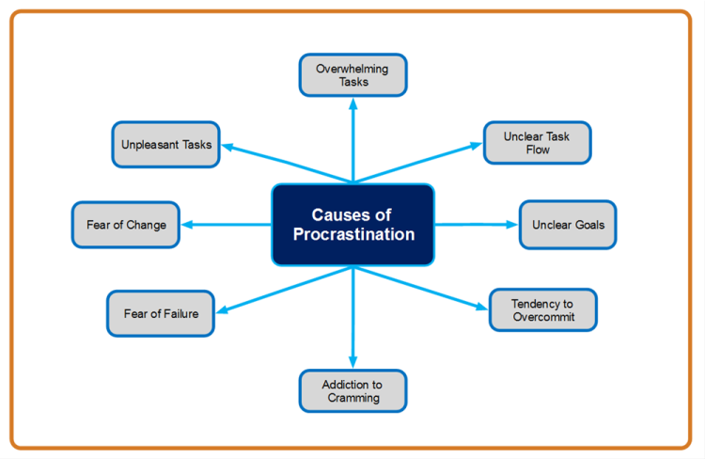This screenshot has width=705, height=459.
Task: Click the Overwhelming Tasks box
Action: pos(352,75)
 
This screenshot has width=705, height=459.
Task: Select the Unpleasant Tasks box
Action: pos(165,145)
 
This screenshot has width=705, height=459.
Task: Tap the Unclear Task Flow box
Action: pos(538,143)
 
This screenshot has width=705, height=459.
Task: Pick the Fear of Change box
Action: pos(126,225)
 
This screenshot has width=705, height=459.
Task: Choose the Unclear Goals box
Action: pos(568,225)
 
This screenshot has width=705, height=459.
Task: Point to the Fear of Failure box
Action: pos(161,313)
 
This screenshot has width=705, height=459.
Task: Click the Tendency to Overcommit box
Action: pos(543,310)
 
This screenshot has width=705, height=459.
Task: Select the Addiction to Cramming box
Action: pos(352,391)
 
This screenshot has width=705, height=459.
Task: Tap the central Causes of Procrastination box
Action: pos(352,225)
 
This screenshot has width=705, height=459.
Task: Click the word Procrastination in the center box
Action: pos(353,234)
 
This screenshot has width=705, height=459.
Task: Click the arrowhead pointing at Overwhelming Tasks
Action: pos(353,104)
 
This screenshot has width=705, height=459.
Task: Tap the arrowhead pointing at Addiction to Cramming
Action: pos(352,362)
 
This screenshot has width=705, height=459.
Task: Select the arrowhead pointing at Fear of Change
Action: pos(187,225)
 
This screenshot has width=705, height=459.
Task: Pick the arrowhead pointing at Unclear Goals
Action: pos(511,225)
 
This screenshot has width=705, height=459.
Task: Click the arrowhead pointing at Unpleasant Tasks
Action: pos(227,147)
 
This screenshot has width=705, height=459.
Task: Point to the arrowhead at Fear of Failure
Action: pos(223,309)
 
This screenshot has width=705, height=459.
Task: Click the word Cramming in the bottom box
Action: pos(353,398)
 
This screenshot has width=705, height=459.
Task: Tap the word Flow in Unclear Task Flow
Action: pos(538,150)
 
